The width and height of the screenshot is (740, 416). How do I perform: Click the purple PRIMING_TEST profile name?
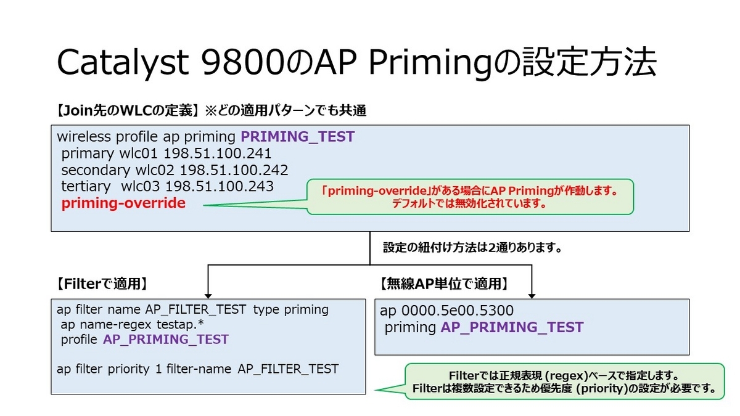(x=297, y=137)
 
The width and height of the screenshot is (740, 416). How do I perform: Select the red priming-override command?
(x=123, y=203)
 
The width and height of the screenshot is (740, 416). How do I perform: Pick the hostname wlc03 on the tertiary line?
(x=141, y=186)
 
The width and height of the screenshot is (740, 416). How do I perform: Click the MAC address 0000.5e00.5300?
(x=447, y=311)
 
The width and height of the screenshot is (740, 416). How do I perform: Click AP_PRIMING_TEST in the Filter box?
(x=165, y=339)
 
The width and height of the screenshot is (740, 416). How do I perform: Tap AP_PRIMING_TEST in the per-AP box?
(x=512, y=327)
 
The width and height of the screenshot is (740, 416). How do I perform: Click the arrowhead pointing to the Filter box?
(x=208, y=292)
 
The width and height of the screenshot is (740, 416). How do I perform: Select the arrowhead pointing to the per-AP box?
(x=531, y=292)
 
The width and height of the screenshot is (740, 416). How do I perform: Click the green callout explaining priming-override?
(x=470, y=197)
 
